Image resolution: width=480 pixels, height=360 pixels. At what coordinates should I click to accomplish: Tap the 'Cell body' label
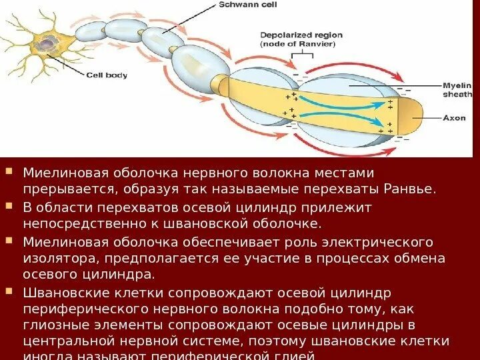(107, 75)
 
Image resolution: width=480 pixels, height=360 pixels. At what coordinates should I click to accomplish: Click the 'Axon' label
(454, 118)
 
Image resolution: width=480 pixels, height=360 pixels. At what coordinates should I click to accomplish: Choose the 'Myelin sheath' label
(457, 90)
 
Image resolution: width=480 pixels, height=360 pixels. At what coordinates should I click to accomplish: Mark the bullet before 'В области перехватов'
(9, 206)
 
